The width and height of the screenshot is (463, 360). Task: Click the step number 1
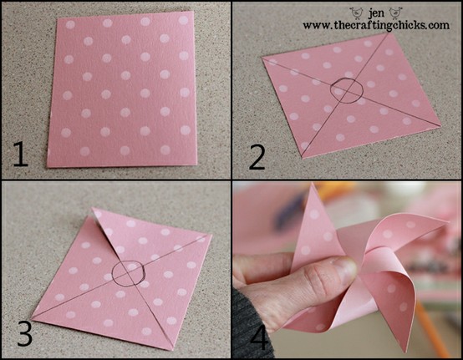point(20,154)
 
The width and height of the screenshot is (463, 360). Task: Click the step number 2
point(257,158)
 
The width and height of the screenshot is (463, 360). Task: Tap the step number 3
point(24,333)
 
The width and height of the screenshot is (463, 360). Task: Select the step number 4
point(259,337)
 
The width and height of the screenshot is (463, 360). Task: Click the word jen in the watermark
point(376,13)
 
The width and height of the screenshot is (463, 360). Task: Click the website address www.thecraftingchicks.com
point(376,25)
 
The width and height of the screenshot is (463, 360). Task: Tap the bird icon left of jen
point(357,13)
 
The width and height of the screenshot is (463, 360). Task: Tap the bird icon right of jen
point(394,13)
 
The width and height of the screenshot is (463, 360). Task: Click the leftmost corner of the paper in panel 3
point(31,319)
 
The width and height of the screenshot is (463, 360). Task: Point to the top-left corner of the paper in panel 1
point(57,18)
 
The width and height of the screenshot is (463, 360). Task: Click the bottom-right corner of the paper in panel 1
point(196,165)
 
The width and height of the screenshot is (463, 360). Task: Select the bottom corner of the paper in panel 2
point(303,158)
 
